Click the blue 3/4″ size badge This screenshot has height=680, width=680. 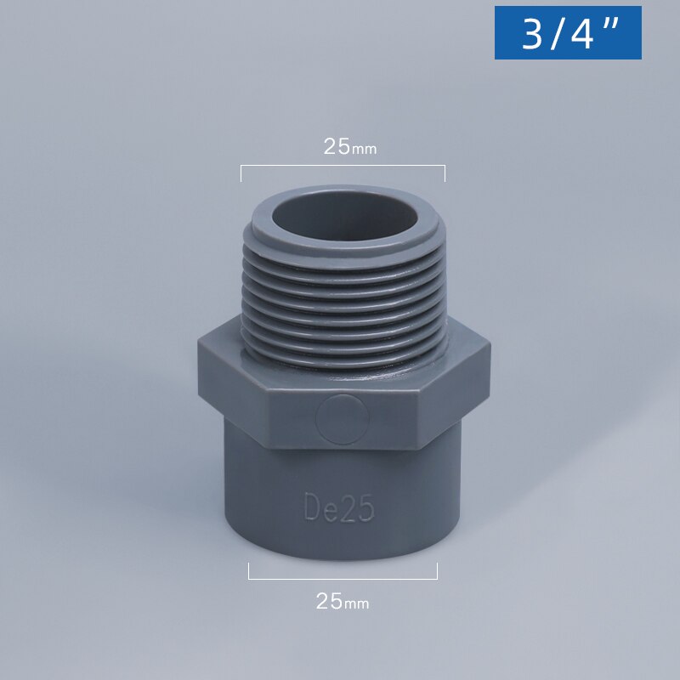click(568, 32)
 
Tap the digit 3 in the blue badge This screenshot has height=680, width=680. click(532, 35)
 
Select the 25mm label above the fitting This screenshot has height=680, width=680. click(349, 146)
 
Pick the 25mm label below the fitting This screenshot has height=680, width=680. click(343, 601)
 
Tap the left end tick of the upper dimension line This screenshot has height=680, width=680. click(241, 173)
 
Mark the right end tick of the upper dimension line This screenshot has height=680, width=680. click(445, 173)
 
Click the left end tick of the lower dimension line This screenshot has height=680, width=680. click(249, 570)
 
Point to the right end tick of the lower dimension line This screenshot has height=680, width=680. click(437, 570)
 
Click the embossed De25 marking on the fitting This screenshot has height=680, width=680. click(339, 507)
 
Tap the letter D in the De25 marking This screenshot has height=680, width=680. click(312, 507)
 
